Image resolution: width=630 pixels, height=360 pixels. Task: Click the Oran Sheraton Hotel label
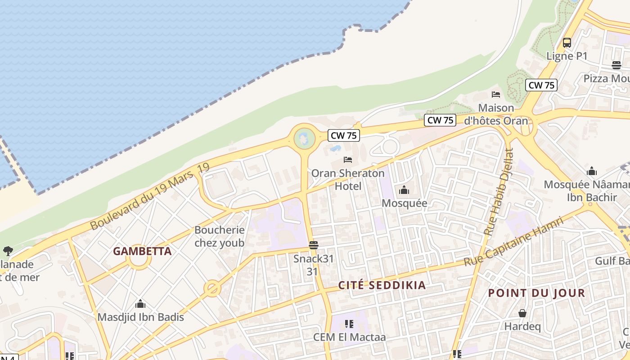click(x=348, y=179)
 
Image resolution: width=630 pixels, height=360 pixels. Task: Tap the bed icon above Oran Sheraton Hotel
click(x=348, y=159)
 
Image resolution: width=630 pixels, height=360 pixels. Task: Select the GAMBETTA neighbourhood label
click(x=142, y=251)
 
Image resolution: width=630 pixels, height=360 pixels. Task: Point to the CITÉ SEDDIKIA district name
click(x=382, y=285)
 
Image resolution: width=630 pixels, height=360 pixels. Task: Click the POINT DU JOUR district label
click(x=536, y=293)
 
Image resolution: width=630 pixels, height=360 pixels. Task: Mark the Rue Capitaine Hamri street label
click(x=514, y=242)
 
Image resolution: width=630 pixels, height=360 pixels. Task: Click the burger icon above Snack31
click(x=314, y=245)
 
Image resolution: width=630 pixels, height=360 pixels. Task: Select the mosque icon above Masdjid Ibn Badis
click(x=140, y=304)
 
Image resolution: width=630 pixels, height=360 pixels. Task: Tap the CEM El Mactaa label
click(x=350, y=337)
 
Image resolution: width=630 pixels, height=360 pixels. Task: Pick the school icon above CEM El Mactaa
click(x=349, y=324)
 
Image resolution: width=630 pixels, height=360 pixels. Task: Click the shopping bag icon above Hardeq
click(x=522, y=313)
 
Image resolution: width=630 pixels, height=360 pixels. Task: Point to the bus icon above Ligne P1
click(x=567, y=43)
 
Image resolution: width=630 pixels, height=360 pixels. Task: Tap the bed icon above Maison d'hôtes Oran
click(x=496, y=94)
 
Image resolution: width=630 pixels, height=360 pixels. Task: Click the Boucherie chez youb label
click(x=219, y=236)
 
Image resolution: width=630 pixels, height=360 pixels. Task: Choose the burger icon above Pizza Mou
click(x=616, y=65)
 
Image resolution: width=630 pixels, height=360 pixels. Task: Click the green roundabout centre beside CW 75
click(x=304, y=138)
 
